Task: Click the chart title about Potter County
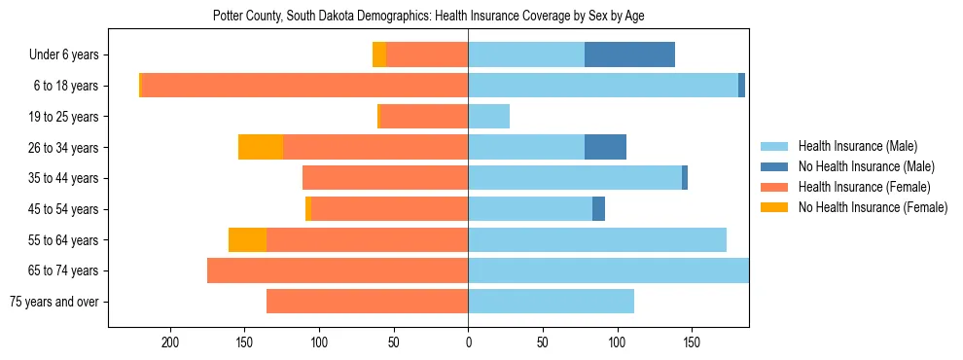(x=428, y=16)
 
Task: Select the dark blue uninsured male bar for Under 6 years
(x=629, y=54)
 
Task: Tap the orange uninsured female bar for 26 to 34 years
(x=261, y=147)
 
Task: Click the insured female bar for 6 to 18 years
(x=304, y=86)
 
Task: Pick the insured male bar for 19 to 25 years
(x=488, y=117)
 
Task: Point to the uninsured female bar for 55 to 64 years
(x=247, y=239)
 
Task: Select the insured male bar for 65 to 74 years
(x=608, y=270)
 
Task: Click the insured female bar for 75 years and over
(x=367, y=302)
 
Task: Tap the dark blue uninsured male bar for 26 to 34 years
(x=605, y=147)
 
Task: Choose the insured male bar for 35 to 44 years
(x=575, y=178)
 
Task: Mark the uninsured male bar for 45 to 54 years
(x=598, y=209)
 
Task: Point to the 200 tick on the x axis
(x=171, y=342)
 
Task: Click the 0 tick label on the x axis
(x=468, y=342)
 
